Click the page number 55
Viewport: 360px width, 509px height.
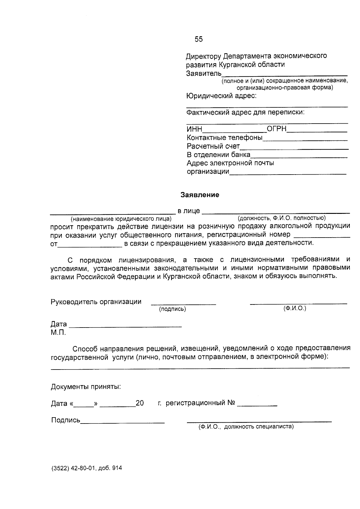pyautogui.click(x=199, y=39)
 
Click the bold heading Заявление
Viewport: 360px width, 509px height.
pyautogui.click(x=200, y=195)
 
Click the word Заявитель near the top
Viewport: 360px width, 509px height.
pyautogui.click(x=204, y=73)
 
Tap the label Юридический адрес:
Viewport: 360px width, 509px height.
pyautogui.click(x=221, y=96)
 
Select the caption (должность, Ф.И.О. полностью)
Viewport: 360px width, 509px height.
pyautogui.click(x=281, y=218)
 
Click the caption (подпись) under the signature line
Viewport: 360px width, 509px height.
pyautogui.click(x=172, y=309)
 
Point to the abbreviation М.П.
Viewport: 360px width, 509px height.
pyautogui.click(x=58, y=333)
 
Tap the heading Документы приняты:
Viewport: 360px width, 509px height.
pyautogui.click(x=86, y=387)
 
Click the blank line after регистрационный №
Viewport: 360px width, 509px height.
pyautogui.click(x=257, y=405)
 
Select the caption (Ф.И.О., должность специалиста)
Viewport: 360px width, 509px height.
pyautogui.click(x=246, y=427)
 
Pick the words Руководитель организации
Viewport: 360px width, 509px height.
pyautogui.click(x=96, y=302)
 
